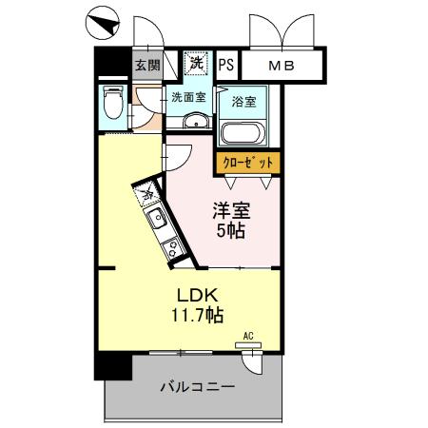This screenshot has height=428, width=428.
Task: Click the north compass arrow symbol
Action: click(x=102, y=20)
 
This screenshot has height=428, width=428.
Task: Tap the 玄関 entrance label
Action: click(x=146, y=66)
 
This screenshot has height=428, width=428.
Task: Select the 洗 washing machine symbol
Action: click(x=195, y=64)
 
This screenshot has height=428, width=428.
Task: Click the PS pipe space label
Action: click(x=225, y=66)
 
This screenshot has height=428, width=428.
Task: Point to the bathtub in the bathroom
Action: click(x=243, y=132)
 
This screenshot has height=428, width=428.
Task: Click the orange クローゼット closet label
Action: click(x=247, y=164)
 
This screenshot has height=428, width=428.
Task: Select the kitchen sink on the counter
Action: click(x=159, y=223)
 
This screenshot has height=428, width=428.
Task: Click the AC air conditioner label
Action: click(x=248, y=335)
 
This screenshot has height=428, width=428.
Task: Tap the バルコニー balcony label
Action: click(x=196, y=388)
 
